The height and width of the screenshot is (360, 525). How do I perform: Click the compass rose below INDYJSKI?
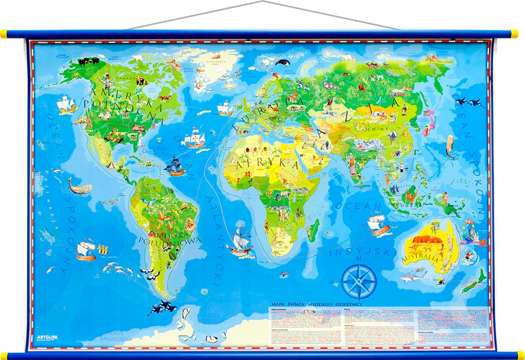point(359,282)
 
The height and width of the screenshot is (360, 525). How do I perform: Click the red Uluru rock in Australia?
point(422,241)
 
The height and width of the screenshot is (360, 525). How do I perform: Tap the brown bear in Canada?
point(140,80)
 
